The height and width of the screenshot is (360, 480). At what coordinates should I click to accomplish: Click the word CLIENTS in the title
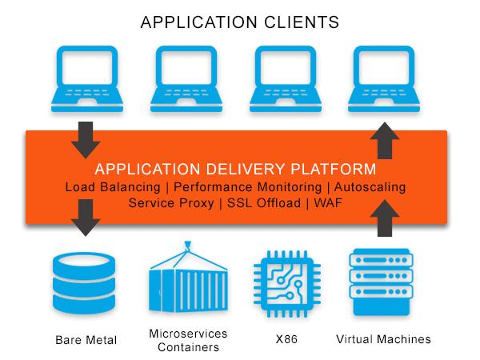[x=302, y=22]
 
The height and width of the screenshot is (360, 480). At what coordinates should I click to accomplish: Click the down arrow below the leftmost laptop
[x=86, y=140]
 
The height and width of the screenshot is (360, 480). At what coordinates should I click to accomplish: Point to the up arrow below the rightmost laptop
[x=385, y=141]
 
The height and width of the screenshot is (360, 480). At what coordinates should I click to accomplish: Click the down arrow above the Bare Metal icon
[x=86, y=218]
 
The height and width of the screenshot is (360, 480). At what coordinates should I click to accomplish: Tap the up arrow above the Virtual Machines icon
[x=385, y=218]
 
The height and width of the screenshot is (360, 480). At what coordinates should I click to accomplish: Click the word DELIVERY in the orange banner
[x=246, y=169]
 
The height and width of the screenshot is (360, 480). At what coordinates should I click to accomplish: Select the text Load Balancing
[x=113, y=187]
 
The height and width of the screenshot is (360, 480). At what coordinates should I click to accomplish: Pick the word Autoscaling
[x=370, y=186]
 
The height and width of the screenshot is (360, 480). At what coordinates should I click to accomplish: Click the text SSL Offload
[x=264, y=203]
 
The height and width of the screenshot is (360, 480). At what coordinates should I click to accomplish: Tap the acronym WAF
[x=328, y=203]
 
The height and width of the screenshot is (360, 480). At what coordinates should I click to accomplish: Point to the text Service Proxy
[x=171, y=203]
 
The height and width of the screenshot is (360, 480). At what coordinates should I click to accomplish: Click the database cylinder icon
[x=84, y=282]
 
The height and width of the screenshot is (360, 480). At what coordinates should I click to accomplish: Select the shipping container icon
[x=188, y=277]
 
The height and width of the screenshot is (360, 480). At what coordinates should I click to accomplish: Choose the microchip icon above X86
[x=287, y=283]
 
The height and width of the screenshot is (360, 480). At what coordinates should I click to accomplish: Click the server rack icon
[x=381, y=282]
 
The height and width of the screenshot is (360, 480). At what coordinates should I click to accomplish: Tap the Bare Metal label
[x=86, y=340]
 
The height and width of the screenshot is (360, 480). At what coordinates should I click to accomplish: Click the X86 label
[x=286, y=339]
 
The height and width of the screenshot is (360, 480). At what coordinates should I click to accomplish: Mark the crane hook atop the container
[x=187, y=246]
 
